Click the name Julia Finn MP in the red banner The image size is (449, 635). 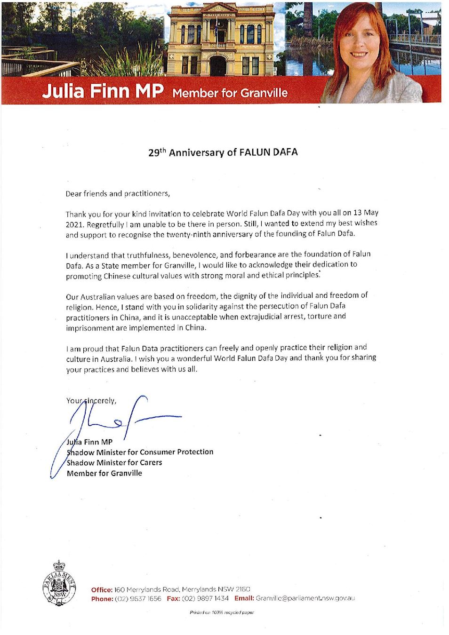click(103, 91)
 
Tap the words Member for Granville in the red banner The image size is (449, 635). click(230, 93)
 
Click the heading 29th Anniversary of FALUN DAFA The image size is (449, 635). click(223, 152)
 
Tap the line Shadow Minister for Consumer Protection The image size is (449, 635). click(140, 452)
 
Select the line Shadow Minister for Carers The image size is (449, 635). click(114, 462)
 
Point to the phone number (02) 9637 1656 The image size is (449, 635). click(138, 598)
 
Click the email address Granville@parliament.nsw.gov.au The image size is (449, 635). click(305, 598)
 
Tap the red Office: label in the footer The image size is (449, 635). click(102, 589)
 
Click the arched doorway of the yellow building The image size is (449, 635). click(217, 66)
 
